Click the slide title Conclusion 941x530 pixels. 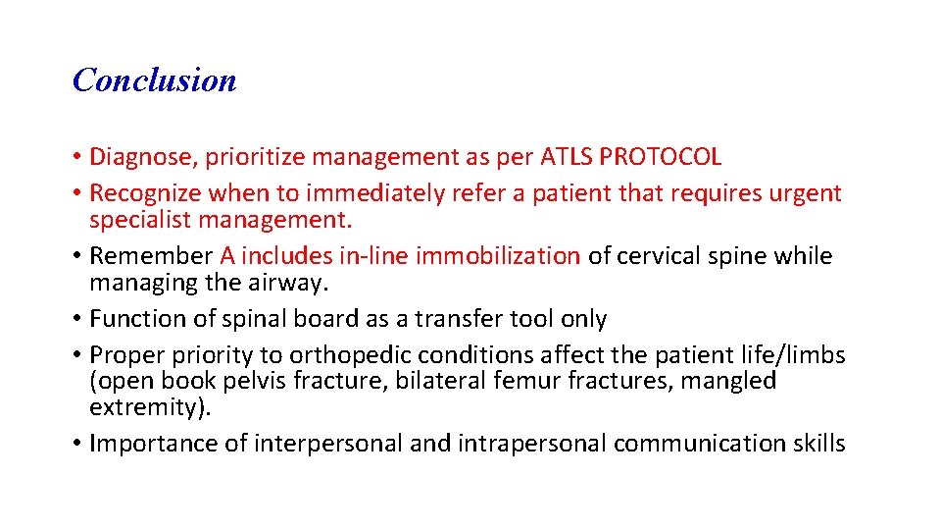tap(155, 79)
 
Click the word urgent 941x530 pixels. tap(806, 193)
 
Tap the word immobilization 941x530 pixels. tap(498, 256)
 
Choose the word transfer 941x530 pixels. tap(462, 319)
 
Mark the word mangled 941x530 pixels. tap(722, 381)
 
